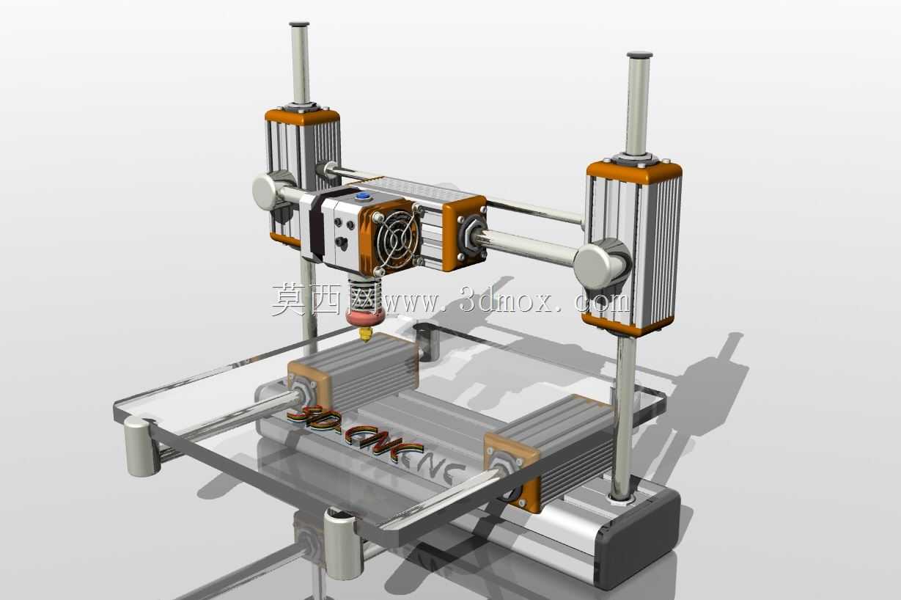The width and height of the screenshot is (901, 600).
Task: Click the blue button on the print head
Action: click(x=363, y=197)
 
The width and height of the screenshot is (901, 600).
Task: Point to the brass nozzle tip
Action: click(x=366, y=334)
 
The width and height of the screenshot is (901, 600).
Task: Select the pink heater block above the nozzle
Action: click(x=364, y=318)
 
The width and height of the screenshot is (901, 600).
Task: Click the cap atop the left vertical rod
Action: click(x=299, y=24)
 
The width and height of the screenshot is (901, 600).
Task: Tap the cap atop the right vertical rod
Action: click(x=639, y=55)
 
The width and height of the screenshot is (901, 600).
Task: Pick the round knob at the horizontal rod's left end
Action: click(x=269, y=191)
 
